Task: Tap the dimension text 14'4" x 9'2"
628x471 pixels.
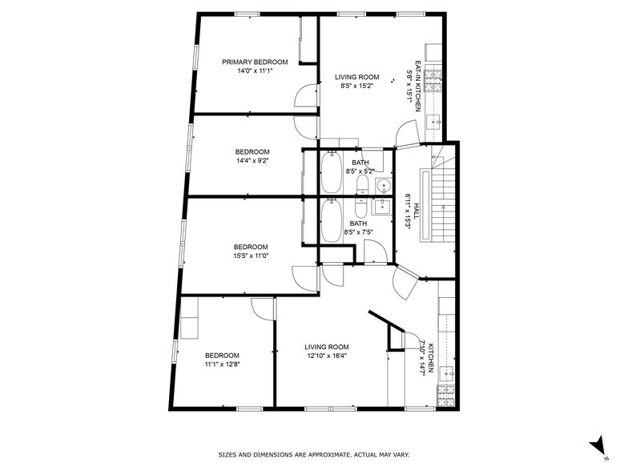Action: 252,160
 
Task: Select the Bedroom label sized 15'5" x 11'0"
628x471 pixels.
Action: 251,247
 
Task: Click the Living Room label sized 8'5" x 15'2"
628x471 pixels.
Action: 356,78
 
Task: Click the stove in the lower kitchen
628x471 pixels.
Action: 445,394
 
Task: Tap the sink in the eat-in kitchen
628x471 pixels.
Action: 433,121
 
